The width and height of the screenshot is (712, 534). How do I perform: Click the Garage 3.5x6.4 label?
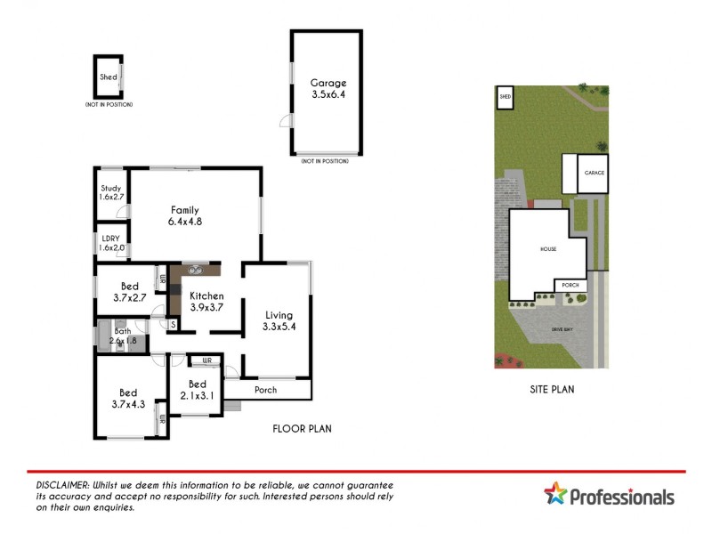327,88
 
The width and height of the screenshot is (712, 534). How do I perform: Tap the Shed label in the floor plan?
108,77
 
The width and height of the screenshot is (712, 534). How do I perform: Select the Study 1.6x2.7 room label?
111,193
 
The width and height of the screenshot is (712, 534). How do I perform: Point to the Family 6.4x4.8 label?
185,216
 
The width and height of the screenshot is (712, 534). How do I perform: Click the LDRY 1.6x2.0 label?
111,242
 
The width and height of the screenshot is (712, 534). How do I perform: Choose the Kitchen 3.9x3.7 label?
206,302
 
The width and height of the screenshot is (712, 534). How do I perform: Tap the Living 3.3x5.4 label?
278,320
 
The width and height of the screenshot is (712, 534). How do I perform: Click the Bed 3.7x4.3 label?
129,398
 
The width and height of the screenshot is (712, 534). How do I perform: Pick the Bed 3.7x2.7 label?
129,293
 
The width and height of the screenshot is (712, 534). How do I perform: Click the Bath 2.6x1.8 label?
123,336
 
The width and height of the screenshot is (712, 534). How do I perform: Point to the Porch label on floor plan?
265,390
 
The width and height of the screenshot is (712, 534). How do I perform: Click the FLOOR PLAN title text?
302,429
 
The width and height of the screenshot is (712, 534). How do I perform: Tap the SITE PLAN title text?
552,389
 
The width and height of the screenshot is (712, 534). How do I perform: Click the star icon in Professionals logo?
555,493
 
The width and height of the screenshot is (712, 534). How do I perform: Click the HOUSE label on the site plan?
547,249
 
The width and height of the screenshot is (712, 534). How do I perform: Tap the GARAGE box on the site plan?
594,174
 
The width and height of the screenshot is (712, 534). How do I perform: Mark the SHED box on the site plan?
506,96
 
